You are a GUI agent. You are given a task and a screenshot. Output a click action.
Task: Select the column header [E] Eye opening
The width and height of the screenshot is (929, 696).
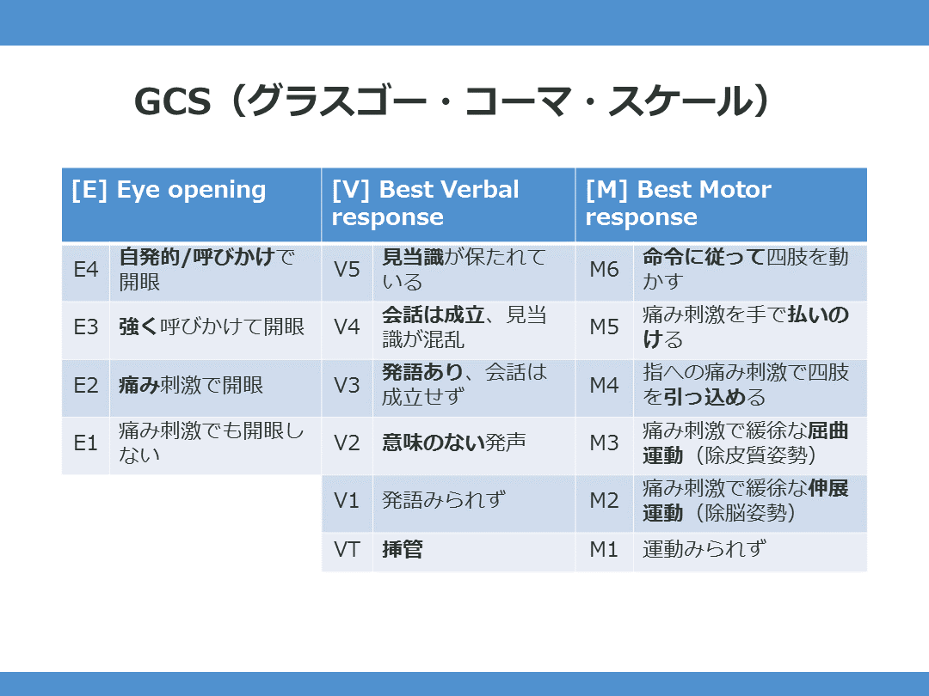tap(169, 190)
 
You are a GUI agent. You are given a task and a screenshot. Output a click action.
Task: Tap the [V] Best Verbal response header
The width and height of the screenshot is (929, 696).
tap(425, 203)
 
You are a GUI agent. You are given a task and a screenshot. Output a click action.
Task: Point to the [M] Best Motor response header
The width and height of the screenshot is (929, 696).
tap(678, 203)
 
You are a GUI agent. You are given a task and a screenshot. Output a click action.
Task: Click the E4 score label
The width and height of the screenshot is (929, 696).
tap(86, 270)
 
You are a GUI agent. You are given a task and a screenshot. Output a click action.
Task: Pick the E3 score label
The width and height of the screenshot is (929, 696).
tap(86, 327)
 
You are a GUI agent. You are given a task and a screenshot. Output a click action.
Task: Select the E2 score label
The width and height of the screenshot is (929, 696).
tap(86, 385)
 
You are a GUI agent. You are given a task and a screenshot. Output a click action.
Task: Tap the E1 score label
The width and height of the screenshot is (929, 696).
tap(86, 443)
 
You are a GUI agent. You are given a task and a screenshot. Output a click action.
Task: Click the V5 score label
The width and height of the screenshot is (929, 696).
tap(347, 270)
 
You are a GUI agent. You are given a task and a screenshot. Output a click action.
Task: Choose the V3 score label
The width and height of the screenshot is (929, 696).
tap(347, 385)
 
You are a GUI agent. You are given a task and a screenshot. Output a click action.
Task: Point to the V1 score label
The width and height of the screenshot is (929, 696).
tap(347, 501)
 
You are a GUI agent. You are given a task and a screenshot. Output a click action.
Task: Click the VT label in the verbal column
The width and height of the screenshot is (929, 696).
tap(347, 550)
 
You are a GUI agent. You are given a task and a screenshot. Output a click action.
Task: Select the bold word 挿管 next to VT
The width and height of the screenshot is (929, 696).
tap(403, 550)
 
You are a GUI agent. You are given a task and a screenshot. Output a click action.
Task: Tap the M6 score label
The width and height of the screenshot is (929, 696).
tap(604, 270)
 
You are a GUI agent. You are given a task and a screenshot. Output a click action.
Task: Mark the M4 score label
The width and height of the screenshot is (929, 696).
tap(604, 385)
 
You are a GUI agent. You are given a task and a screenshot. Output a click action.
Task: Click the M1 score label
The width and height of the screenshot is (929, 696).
tap(604, 550)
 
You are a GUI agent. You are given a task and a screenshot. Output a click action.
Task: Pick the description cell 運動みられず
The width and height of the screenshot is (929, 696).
tap(704, 550)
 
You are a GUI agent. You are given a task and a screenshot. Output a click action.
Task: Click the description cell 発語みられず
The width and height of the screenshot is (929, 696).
tap(443, 501)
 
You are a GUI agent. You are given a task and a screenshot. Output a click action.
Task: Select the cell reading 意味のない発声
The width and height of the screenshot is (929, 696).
tap(453, 443)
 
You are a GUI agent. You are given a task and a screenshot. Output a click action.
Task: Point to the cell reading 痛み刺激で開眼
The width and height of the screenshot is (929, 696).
tap(191, 385)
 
